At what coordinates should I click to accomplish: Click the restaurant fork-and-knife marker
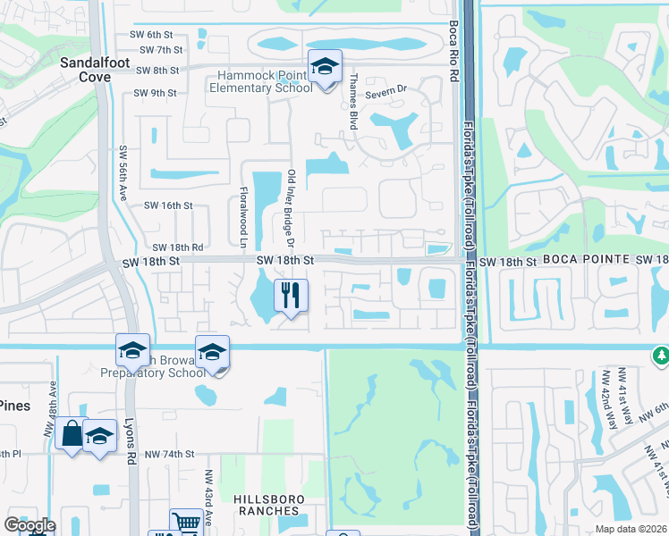(290, 296)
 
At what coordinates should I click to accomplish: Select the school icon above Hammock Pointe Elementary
(325, 66)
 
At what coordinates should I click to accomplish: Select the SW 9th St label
(155, 92)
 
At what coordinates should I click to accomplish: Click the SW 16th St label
(169, 205)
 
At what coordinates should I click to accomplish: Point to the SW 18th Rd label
(178, 247)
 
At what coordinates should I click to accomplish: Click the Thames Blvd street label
(353, 102)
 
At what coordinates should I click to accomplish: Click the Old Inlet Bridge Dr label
(291, 208)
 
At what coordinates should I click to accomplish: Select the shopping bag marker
(71, 435)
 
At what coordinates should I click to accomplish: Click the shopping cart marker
(186, 522)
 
